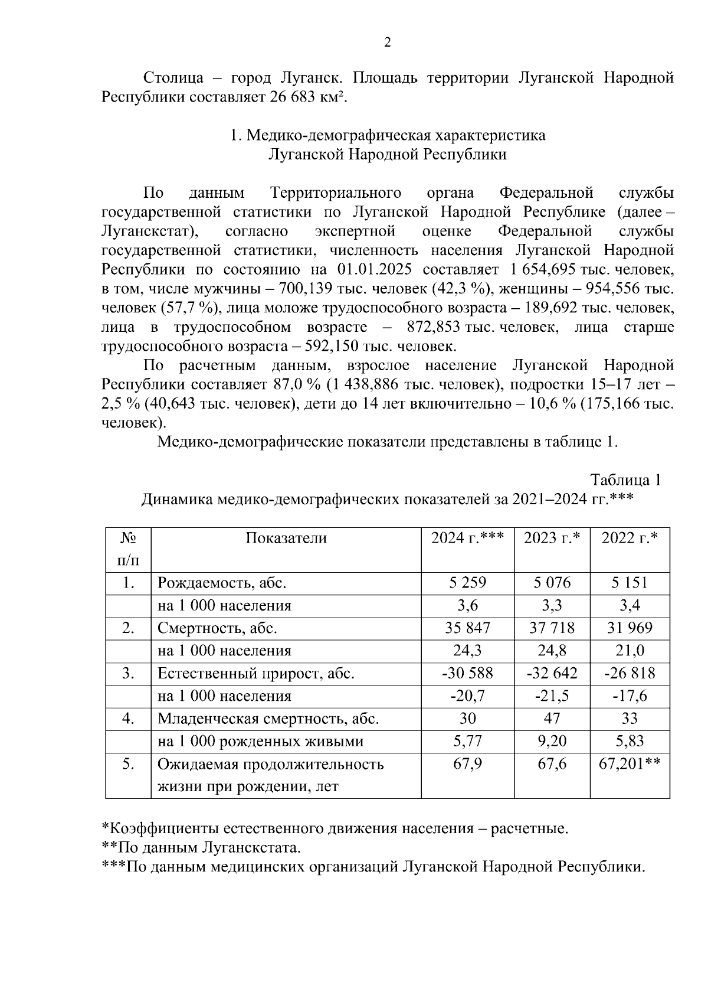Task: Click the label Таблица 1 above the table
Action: [626, 479]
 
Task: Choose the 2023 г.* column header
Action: [552, 538]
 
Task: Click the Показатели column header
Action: [286, 538]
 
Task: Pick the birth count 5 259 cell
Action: [467, 583]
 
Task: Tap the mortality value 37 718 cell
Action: [552, 628]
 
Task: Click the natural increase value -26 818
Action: [630, 673]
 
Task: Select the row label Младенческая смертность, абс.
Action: [268, 719]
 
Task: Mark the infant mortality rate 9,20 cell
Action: [552, 741]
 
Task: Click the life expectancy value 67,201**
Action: [630, 764]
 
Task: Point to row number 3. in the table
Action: [128, 673]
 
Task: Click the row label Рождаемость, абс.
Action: [222, 583]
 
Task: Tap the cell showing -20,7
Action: [467, 696]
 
